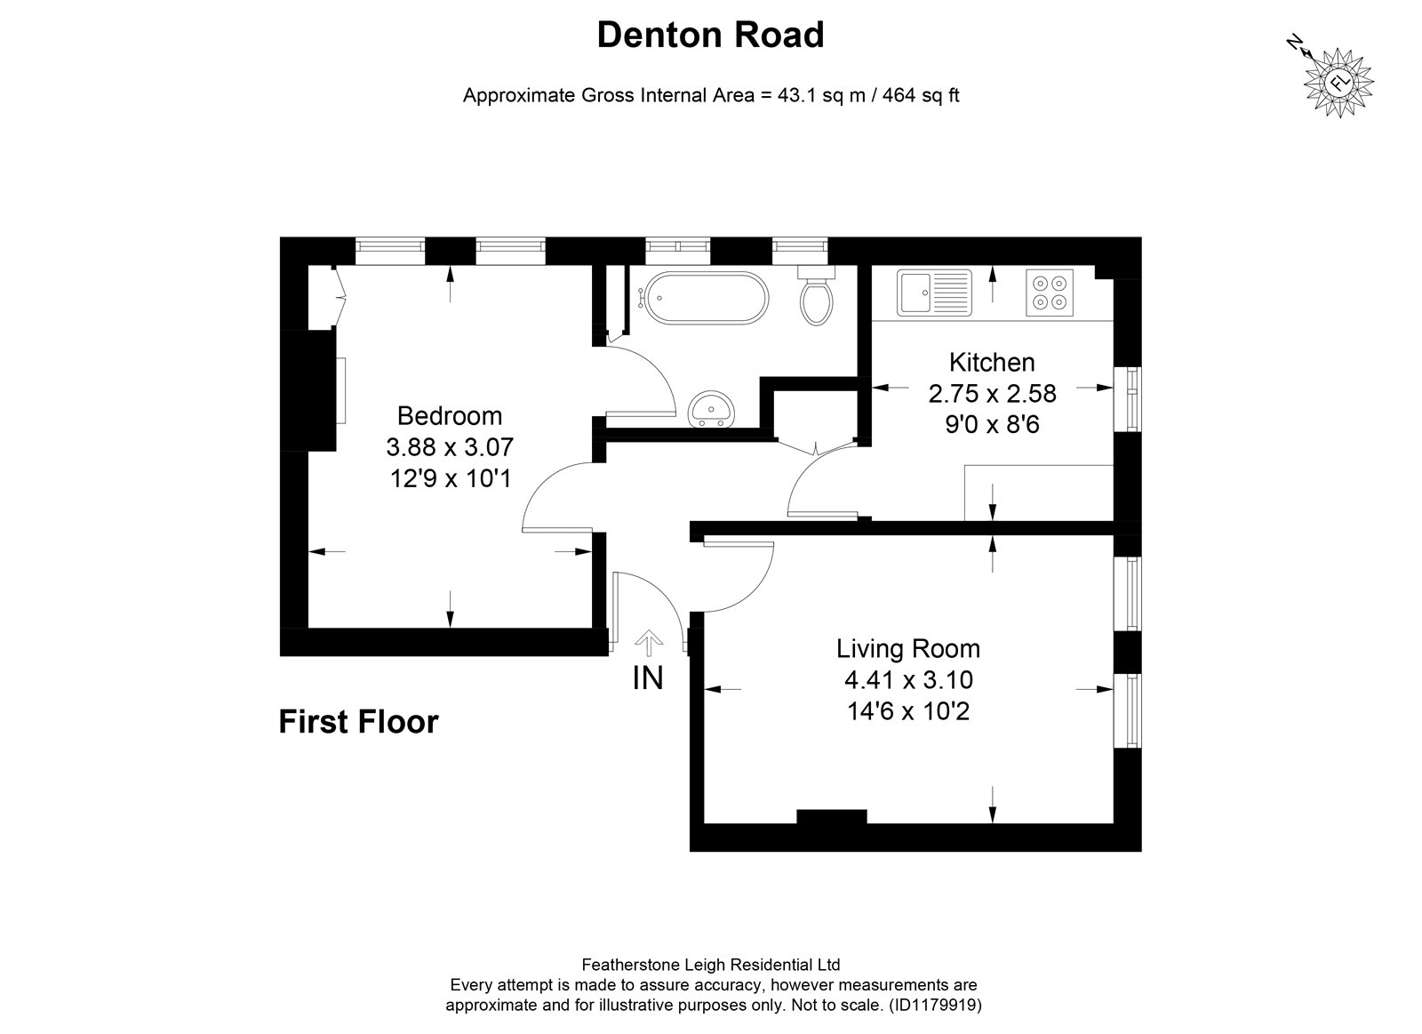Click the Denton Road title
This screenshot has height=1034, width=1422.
(x=710, y=35)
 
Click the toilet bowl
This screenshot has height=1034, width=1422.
(x=817, y=302)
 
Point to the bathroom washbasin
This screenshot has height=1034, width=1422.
(x=712, y=409)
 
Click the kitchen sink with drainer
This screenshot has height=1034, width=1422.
(x=934, y=293)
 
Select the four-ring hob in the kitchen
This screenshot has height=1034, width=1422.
(x=1050, y=293)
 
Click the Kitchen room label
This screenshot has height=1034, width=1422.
(x=992, y=362)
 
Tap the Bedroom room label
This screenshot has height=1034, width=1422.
(x=450, y=416)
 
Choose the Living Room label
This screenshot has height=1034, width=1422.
(x=907, y=648)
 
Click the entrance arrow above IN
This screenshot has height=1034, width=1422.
(x=648, y=643)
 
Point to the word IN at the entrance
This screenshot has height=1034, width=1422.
(x=648, y=678)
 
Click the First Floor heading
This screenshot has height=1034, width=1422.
(x=359, y=722)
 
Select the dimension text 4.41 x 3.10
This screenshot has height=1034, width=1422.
(x=908, y=679)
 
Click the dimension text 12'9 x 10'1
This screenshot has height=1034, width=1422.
(x=450, y=478)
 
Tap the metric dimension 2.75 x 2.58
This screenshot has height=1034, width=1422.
(x=992, y=394)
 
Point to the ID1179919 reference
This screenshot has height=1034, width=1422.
(x=935, y=1006)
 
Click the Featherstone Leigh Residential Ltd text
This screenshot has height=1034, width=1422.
(x=711, y=965)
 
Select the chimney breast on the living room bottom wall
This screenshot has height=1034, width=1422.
(x=832, y=816)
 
